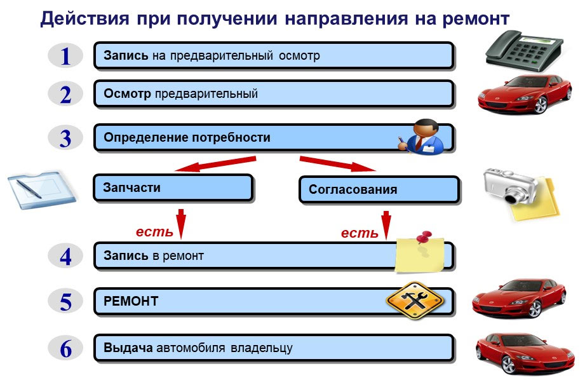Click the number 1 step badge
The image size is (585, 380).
point(65,56)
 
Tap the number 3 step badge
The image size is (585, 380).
point(65,138)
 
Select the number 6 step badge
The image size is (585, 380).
point(65,348)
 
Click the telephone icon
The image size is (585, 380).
point(524,51)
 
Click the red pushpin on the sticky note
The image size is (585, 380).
point(424,238)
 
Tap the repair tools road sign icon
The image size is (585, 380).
point(415,301)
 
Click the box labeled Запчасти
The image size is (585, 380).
point(173,187)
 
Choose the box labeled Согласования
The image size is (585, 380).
point(379,189)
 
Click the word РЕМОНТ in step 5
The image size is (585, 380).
point(131,301)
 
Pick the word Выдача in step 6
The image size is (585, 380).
point(128,348)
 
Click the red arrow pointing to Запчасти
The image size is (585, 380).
point(215,164)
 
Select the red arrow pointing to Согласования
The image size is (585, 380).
point(338,164)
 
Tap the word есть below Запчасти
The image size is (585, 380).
point(154,232)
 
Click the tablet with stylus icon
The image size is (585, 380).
point(42,190)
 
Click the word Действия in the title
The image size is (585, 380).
point(85,18)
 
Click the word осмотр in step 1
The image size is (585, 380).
point(299,56)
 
